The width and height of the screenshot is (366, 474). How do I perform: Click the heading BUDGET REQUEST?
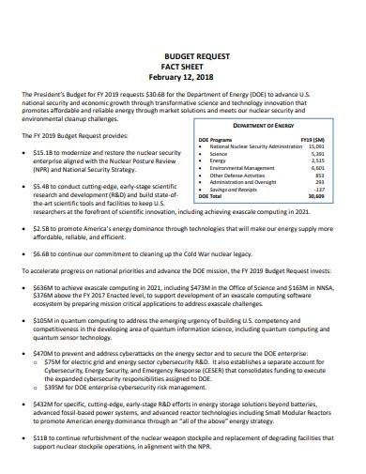point(184,56)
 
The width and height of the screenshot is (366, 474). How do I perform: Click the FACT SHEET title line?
point(184,67)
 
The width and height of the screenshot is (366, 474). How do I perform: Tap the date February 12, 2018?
point(184,77)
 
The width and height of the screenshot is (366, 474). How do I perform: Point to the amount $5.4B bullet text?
point(43,186)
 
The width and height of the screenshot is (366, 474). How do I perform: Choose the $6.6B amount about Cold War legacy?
point(43,252)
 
